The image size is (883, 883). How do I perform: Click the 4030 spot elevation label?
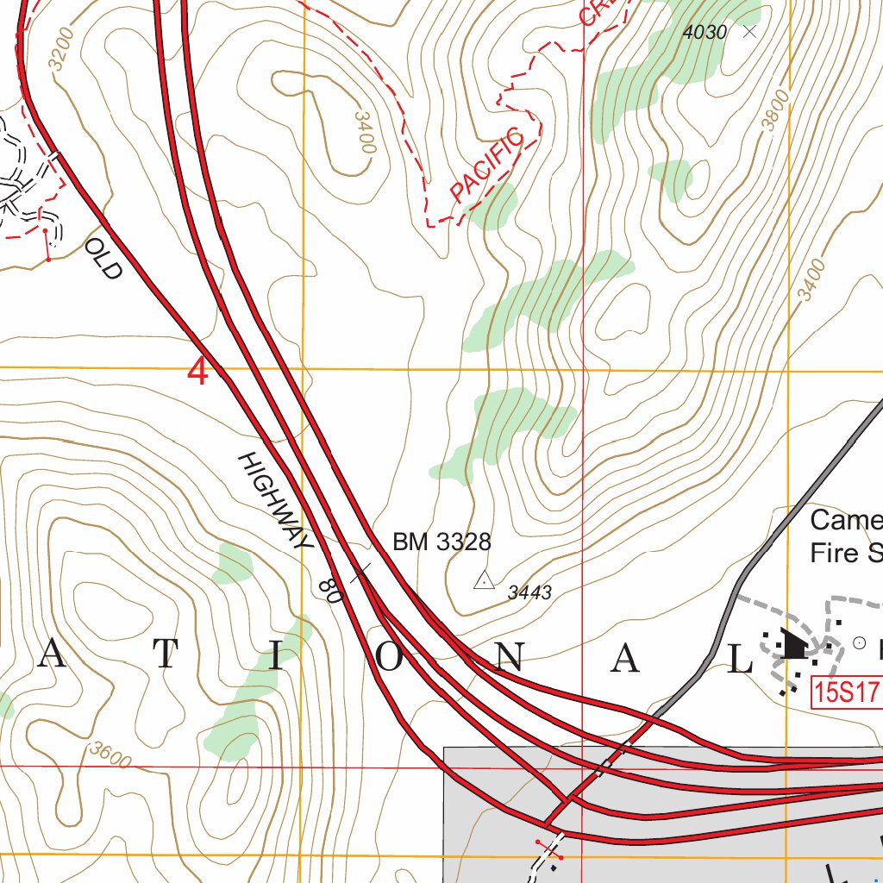705,33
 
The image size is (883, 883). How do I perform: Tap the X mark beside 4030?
748,32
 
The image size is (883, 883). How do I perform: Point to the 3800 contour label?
775,110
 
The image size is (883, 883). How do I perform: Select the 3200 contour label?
63,49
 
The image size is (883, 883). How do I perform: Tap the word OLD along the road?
103,260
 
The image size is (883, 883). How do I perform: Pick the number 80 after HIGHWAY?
329,589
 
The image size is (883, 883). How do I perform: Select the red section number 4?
198,373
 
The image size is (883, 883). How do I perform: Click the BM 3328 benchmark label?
441,542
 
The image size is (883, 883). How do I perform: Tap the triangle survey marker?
484,580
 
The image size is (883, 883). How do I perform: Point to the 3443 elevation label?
529,592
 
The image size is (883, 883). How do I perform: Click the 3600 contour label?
110,756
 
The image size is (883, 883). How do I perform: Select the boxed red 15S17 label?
845,692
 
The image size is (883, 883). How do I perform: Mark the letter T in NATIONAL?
167,658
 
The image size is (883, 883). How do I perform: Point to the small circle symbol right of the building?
858,642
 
